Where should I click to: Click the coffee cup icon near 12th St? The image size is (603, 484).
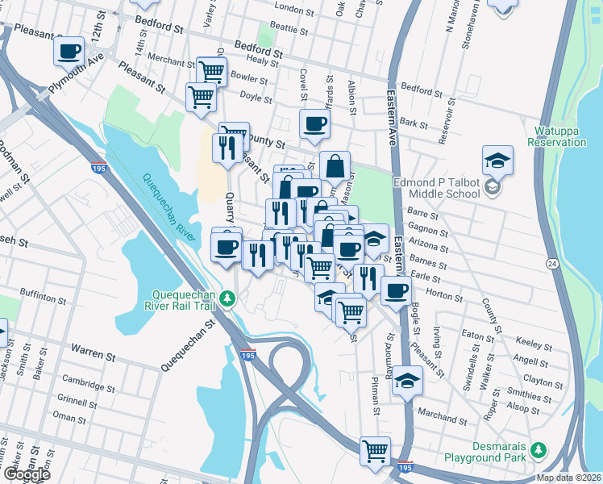tap(69, 52)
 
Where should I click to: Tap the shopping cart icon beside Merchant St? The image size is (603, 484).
tap(211, 71)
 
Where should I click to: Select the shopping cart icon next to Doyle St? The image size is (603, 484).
tap(200, 97)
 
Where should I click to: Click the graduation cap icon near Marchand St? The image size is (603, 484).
tap(408, 381)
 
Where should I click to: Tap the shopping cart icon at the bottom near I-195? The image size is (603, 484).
tap(375, 450)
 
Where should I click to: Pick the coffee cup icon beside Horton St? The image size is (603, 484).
tap(394, 290)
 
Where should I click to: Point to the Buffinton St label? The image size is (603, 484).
tap(64, 298)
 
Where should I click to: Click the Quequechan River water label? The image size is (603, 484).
tap(170, 207)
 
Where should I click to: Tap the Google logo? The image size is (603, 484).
tap(26, 474)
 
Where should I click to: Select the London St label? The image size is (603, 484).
tap(293, 10)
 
